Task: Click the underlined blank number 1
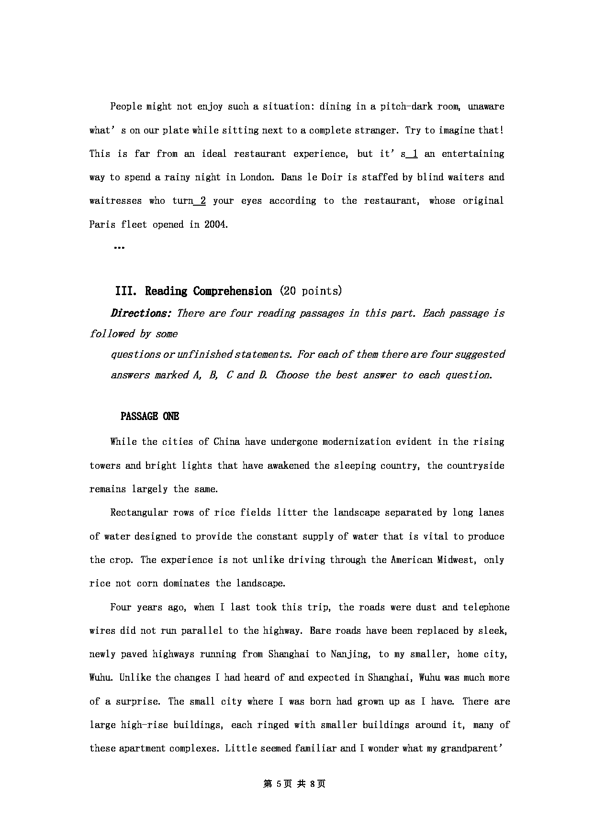click(415, 154)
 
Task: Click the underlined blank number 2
click(202, 201)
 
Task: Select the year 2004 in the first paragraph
click(215, 224)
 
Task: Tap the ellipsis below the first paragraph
click(119, 248)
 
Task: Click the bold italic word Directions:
click(141, 314)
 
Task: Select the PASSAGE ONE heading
click(150, 417)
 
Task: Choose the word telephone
click(486, 607)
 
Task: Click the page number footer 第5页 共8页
click(294, 784)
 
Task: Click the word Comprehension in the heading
click(233, 291)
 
